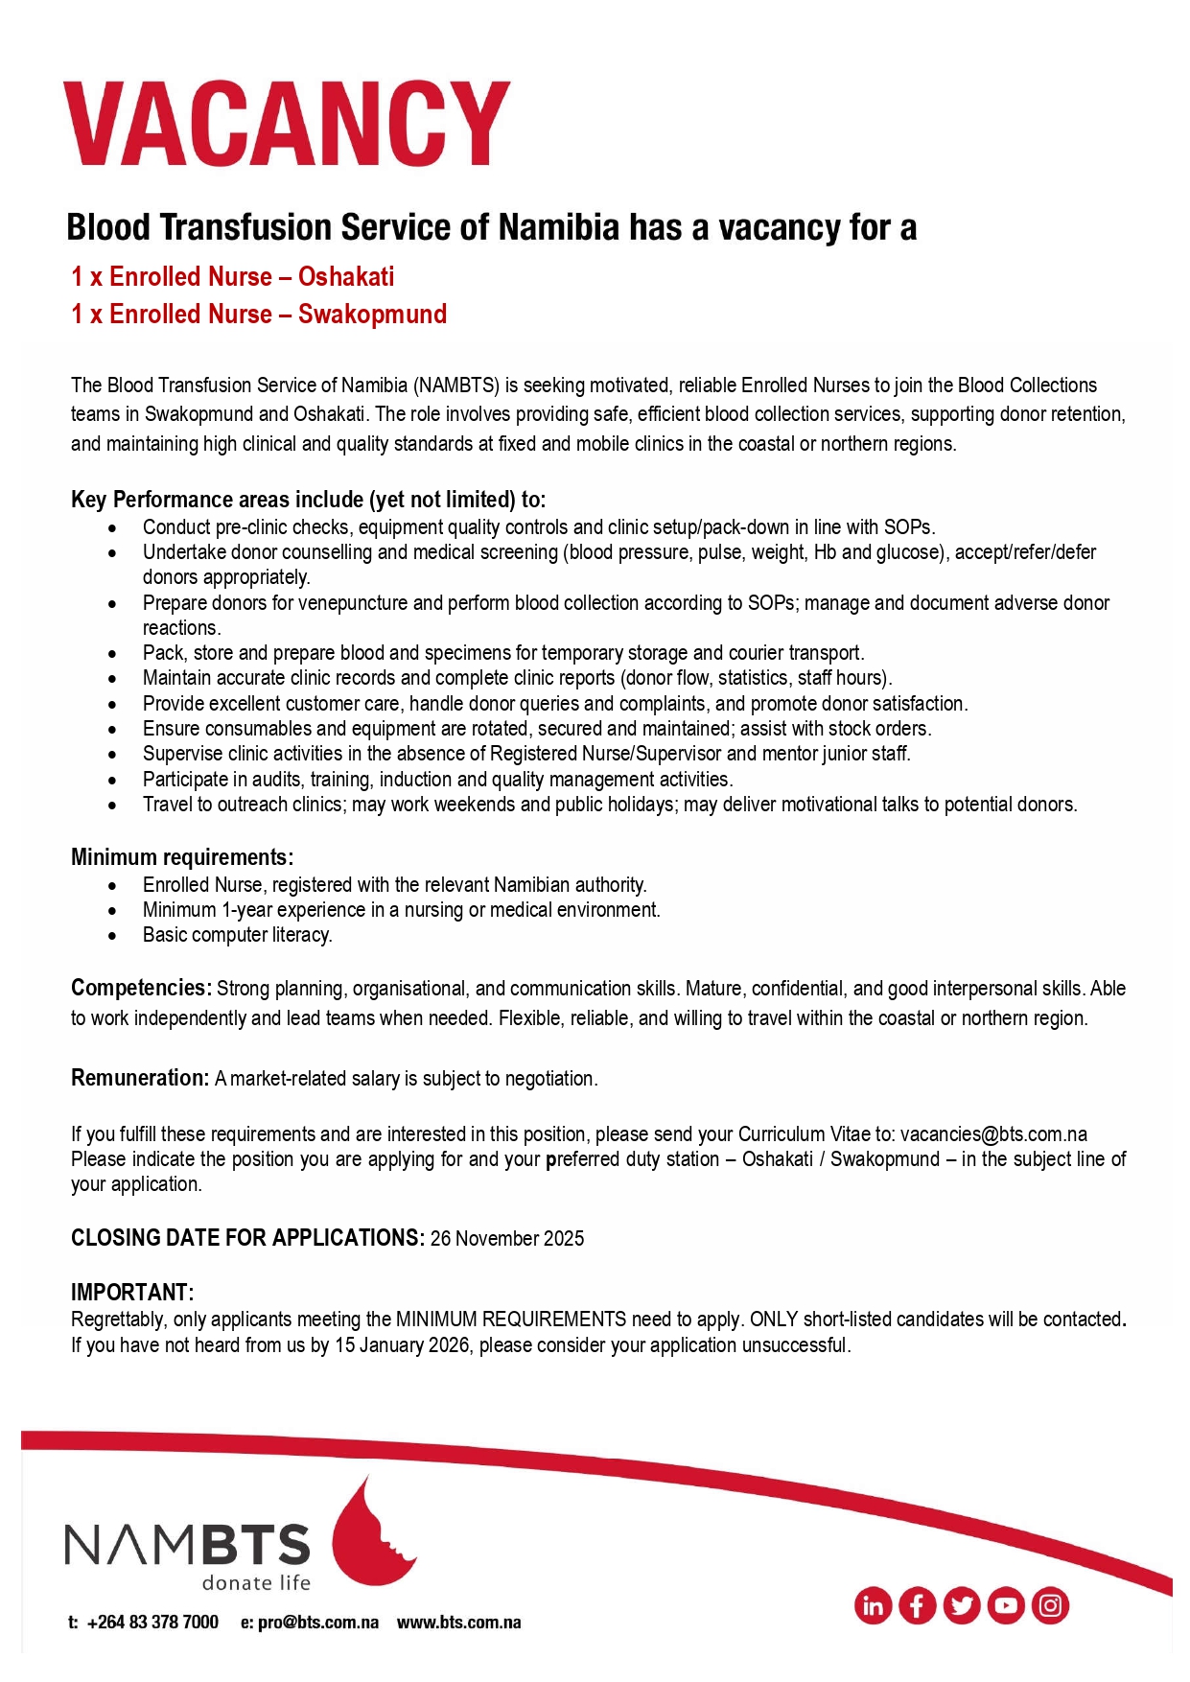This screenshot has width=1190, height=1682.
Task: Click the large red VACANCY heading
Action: [286, 124]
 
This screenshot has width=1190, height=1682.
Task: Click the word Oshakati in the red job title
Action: [346, 277]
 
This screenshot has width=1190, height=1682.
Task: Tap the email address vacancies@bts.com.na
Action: [993, 1134]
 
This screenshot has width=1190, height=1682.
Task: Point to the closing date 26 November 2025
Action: [506, 1239]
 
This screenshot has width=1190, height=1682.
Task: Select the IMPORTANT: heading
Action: [132, 1293]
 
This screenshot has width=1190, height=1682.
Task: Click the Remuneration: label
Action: [140, 1079]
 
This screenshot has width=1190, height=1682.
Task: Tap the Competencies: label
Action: [141, 989]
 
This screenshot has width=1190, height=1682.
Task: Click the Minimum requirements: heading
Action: [182, 857]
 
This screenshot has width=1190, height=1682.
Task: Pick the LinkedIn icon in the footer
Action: [873, 1605]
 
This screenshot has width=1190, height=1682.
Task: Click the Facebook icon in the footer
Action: [917, 1605]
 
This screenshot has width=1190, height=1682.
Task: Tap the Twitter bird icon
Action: [961, 1605]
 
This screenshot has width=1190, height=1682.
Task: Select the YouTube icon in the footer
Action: [1006, 1605]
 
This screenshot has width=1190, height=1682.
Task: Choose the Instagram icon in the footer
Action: [1050, 1605]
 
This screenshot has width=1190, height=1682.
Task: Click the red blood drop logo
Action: [370, 1534]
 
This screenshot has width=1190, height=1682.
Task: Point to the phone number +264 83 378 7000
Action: [152, 1623]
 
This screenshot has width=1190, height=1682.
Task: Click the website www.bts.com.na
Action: [458, 1623]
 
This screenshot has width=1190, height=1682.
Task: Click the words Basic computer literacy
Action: [237, 935]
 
